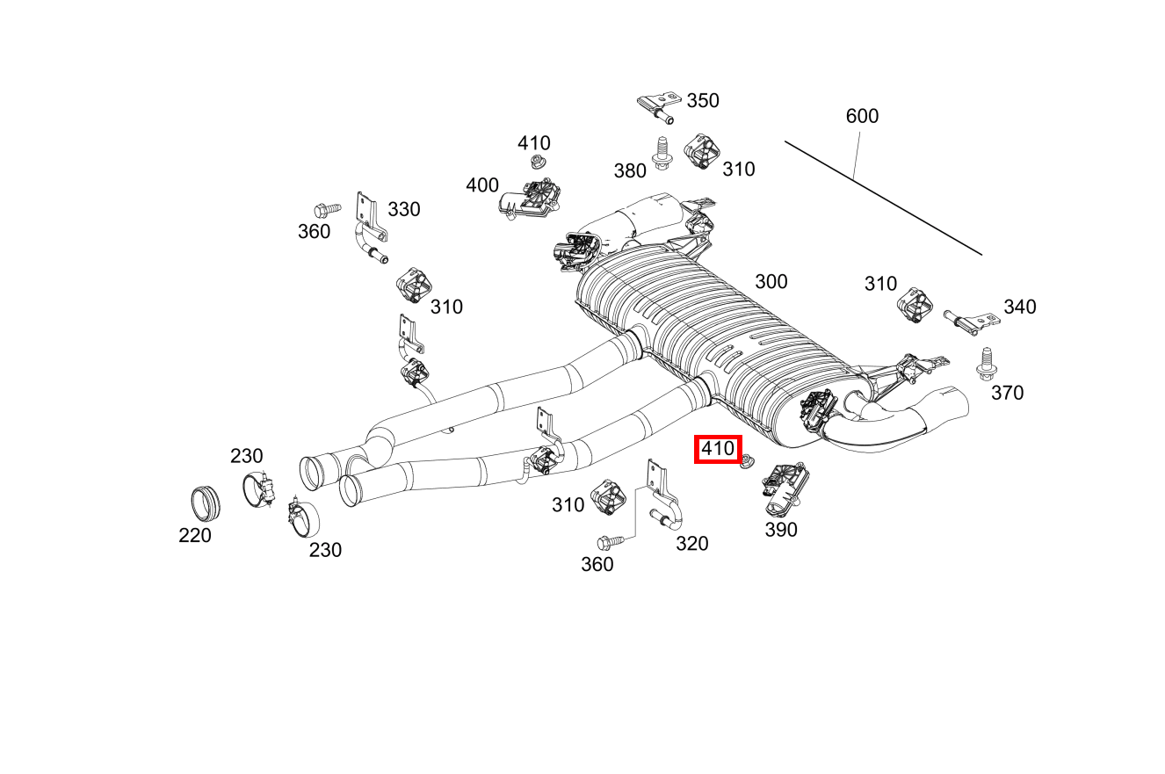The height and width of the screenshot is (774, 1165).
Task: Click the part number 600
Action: coord(862,116)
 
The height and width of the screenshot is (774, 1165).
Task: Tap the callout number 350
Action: coord(703,100)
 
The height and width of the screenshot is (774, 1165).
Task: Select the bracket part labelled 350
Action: coord(657,105)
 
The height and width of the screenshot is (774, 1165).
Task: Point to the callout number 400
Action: coord(482,185)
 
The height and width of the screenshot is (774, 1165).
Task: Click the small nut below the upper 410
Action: coord(536,162)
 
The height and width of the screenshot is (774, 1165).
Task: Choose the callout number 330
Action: coord(404,209)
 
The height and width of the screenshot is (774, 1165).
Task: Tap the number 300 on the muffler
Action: coord(771,281)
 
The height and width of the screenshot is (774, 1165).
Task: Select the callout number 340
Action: coord(1020,307)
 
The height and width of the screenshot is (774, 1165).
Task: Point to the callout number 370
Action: coord(1007,393)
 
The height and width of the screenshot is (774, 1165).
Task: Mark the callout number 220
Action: coord(195,535)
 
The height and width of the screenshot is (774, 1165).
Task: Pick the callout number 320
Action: coord(691,544)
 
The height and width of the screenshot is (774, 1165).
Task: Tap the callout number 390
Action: coord(781,530)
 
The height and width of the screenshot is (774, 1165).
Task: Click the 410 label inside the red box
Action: coord(718,450)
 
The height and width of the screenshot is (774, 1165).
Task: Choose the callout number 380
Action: coord(630,170)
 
